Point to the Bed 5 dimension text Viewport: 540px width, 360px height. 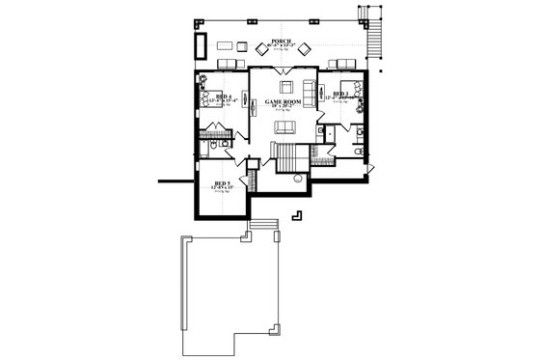223,188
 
